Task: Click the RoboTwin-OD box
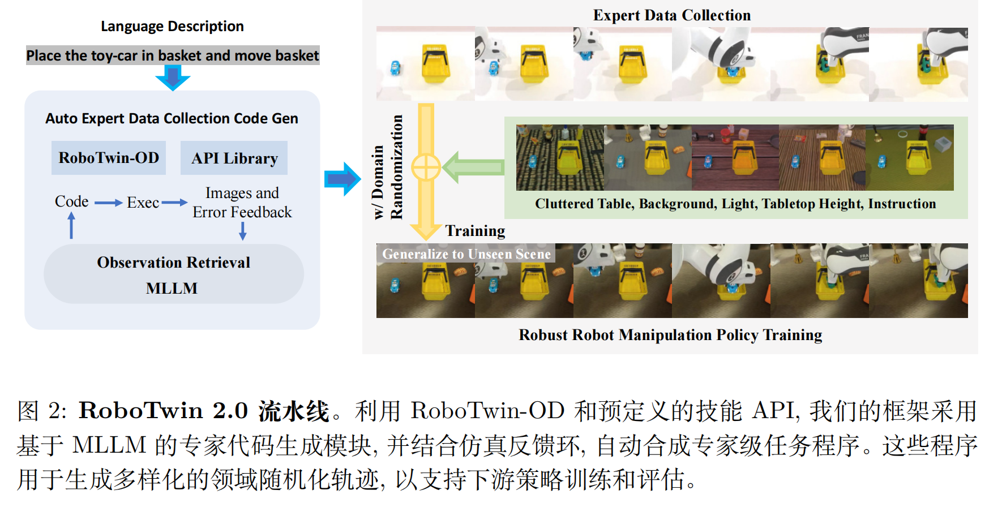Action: (109, 158)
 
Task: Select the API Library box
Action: (234, 158)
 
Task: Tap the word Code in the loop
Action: (71, 201)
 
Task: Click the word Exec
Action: (143, 203)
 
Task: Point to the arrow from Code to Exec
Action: (108, 203)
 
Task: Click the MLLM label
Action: (172, 289)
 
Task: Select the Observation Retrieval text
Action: (173, 263)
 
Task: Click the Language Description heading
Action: (172, 27)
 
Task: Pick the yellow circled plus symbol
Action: (426, 167)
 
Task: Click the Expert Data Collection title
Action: (671, 15)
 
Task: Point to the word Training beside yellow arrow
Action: (475, 231)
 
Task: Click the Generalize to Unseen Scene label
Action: (466, 254)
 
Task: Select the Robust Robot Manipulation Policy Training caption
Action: (670, 335)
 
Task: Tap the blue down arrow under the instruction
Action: (173, 78)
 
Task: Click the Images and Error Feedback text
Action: (242, 203)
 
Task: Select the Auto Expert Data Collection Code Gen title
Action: (172, 118)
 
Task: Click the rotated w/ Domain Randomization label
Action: (388, 167)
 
